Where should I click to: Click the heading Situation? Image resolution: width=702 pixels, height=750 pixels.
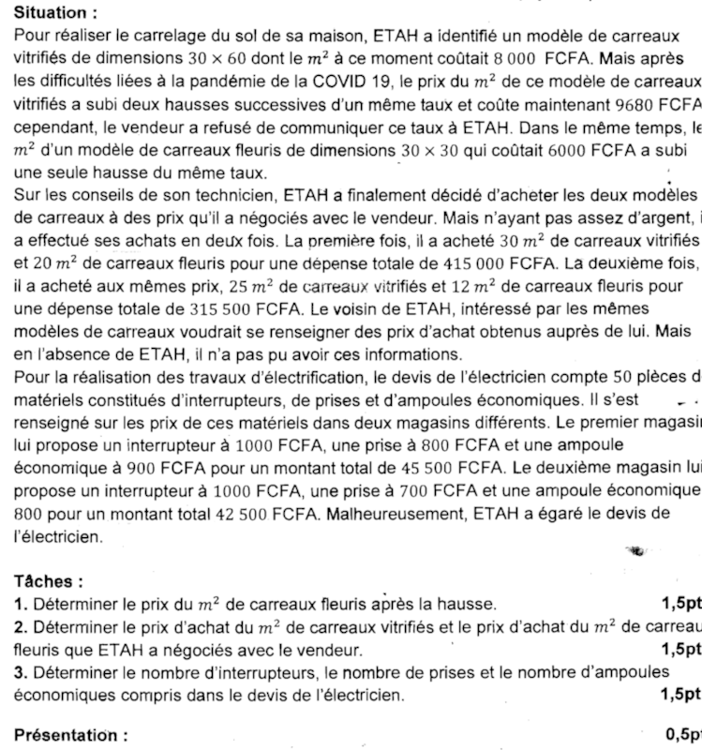[x=57, y=14]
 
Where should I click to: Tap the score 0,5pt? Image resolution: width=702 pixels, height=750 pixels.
[x=681, y=736]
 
